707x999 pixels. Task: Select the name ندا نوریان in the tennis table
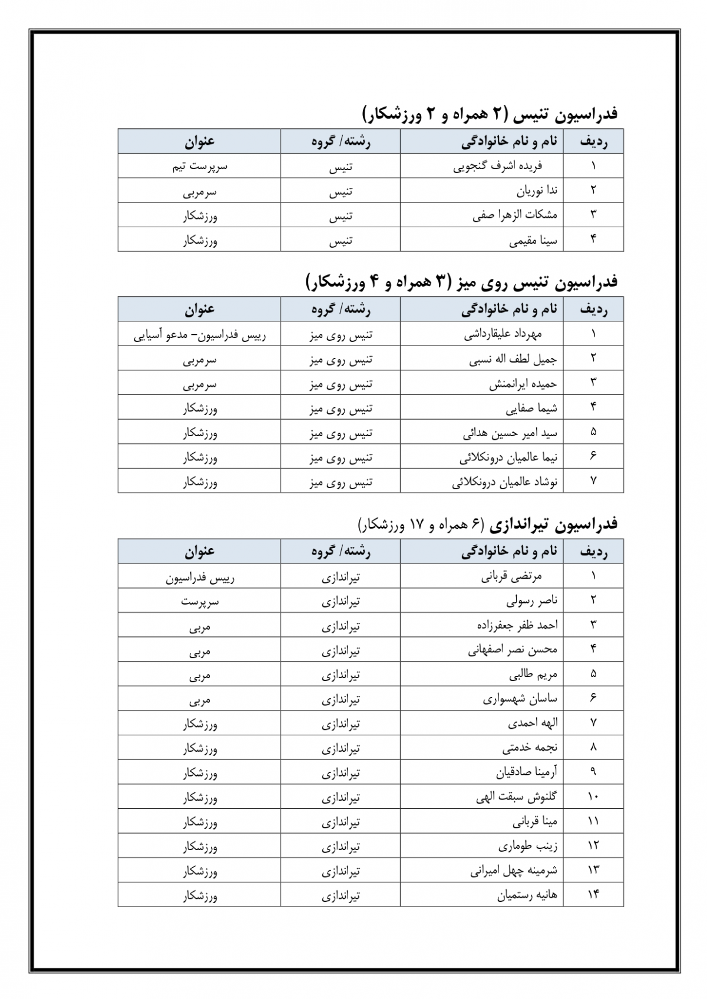pyautogui.click(x=537, y=191)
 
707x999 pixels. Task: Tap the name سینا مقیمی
pyautogui.click(x=533, y=240)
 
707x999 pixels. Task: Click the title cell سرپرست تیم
pyautogui.click(x=200, y=166)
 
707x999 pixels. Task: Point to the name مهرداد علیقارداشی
pyautogui.click(x=503, y=334)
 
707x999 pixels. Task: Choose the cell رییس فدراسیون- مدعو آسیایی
pyautogui.click(x=200, y=335)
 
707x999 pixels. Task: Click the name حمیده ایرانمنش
pyautogui.click(x=523, y=384)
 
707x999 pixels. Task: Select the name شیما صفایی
pyautogui.click(x=531, y=408)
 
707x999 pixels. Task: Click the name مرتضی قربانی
pyautogui.click(x=511, y=576)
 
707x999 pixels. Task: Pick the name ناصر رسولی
pyautogui.click(x=531, y=601)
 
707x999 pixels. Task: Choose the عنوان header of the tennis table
pyautogui.click(x=200, y=141)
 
